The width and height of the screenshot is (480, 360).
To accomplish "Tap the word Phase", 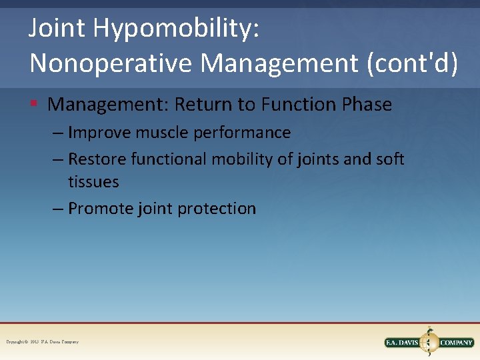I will pyautogui.click(x=367, y=105).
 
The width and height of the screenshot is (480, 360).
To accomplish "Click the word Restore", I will pyautogui.click(x=97, y=159).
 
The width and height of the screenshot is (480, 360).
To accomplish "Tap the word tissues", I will pyautogui.click(x=93, y=181).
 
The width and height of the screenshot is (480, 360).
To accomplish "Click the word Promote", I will pyautogui.click(x=101, y=209).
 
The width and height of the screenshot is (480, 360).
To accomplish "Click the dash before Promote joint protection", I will pyautogui.click(x=59, y=209).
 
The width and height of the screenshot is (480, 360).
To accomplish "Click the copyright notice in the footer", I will pyautogui.click(x=42, y=342).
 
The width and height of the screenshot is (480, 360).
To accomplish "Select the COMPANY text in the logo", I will pyautogui.click(x=457, y=343).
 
